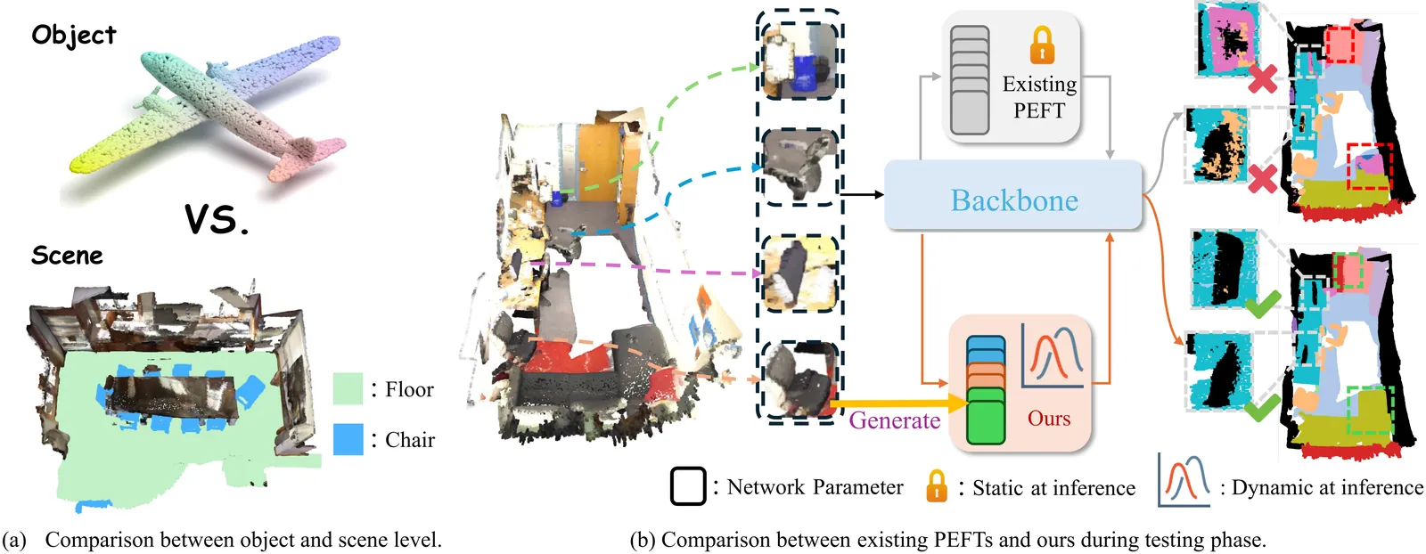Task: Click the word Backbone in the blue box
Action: point(1014,200)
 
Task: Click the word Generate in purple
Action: point(894,420)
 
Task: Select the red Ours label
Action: point(1049,419)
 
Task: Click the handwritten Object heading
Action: point(74,36)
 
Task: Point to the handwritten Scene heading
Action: point(67,257)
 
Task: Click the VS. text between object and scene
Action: point(217,219)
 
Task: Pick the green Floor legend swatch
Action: point(348,389)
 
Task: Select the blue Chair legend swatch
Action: point(348,439)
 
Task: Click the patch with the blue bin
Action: point(799,63)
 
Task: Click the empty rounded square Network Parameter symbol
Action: point(687,486)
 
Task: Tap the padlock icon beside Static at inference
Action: point(936,486)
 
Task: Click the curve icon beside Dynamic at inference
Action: point(1184,480)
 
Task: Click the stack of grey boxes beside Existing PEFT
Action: point(970,80)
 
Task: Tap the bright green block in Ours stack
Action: point(985,417)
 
